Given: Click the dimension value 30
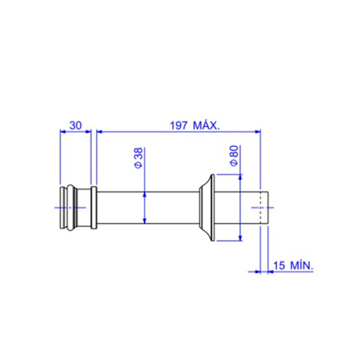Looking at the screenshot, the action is click(x=76, y=125).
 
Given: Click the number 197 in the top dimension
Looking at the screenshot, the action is click(x=179, y=125).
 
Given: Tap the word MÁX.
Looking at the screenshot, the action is click(x=207, y=125).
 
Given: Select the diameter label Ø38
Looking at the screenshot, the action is click(x=139, y=158).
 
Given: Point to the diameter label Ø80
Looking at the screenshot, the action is click(x=234, y=156).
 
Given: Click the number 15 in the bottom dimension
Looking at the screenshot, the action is click(x=279, y=266).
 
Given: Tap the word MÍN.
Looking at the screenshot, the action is click(x=302, y=265).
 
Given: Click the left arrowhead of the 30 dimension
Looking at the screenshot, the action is click(x=63, y=131).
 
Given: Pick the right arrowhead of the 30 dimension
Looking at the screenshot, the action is click(x=89, y=131).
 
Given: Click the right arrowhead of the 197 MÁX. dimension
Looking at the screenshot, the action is click(x=257, y=131).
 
